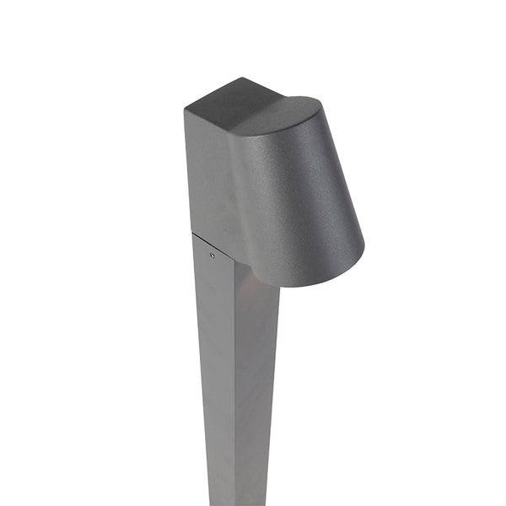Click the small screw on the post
click(x=212, y=255)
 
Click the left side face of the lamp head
click(x=207, y=177)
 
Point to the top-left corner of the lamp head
click(x=185, y=110)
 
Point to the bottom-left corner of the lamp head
click(x=192, y=233)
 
